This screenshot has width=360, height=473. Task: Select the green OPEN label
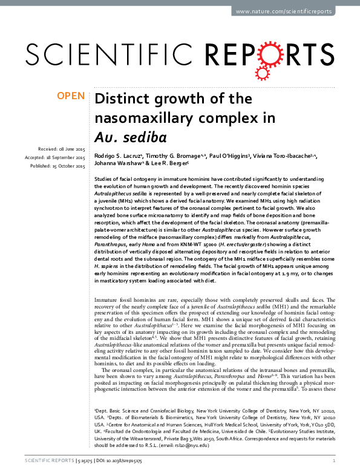tap(70, 96)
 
